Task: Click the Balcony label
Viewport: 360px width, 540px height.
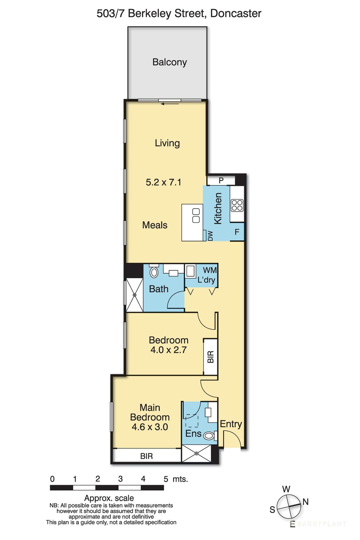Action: pos(169,62)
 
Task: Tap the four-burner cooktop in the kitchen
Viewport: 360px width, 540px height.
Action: pos(237,205)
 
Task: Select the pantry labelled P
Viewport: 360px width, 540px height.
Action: pos(221,181)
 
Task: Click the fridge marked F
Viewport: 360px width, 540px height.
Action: pos(237,232)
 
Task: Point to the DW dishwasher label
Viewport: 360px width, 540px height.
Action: pos(211,236)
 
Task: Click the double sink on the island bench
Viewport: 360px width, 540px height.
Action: pos(196,216)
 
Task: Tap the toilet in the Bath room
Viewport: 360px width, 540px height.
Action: pos(154,272)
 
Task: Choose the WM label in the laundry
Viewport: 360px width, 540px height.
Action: pos(210,270)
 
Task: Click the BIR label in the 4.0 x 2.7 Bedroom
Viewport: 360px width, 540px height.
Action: pos(211,357)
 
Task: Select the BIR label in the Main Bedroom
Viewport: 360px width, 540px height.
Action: pos(146,456)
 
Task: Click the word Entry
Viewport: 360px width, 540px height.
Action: pos(231,424)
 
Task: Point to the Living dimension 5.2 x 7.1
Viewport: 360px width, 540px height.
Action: pos(163,182)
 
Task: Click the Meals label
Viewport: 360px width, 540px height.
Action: pos(155,225)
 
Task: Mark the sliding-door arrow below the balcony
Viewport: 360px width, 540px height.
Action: pos(170,104)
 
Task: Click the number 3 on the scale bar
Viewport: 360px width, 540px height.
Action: pos(120,479)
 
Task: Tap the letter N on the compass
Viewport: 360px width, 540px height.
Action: pos(306,502)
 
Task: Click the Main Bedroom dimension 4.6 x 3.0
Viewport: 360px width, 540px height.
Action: pos(150,427)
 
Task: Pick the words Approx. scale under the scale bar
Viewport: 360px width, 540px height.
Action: pos(109,498)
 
